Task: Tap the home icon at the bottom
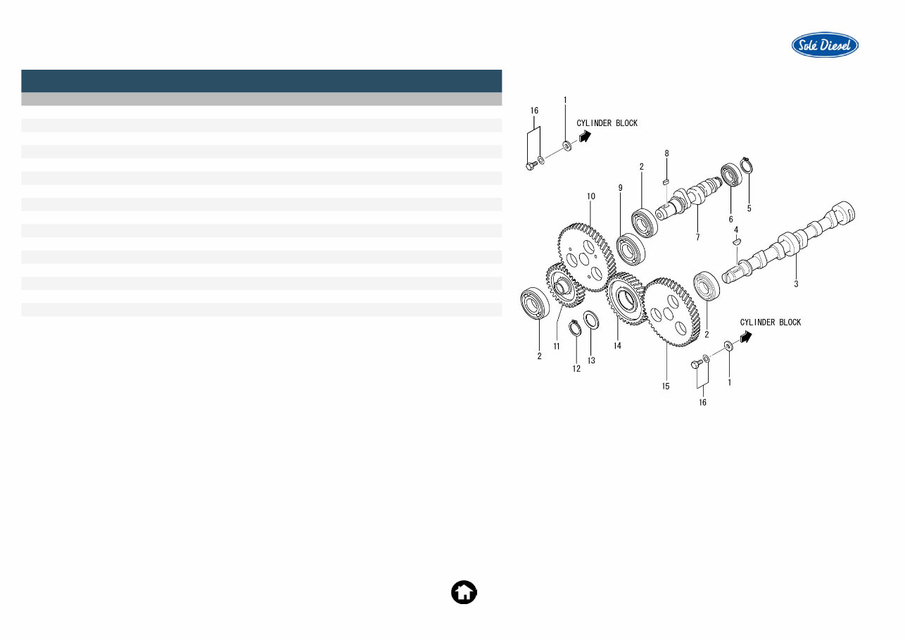[464, 592]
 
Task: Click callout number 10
[591, 196]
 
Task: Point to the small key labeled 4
[737, 241]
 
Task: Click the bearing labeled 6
[730, 175]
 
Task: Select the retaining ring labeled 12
[575, 327]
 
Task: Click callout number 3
[796, 284]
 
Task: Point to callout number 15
[666, 386]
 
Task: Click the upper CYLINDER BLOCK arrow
[584, 137]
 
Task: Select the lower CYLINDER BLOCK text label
[770, 322]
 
